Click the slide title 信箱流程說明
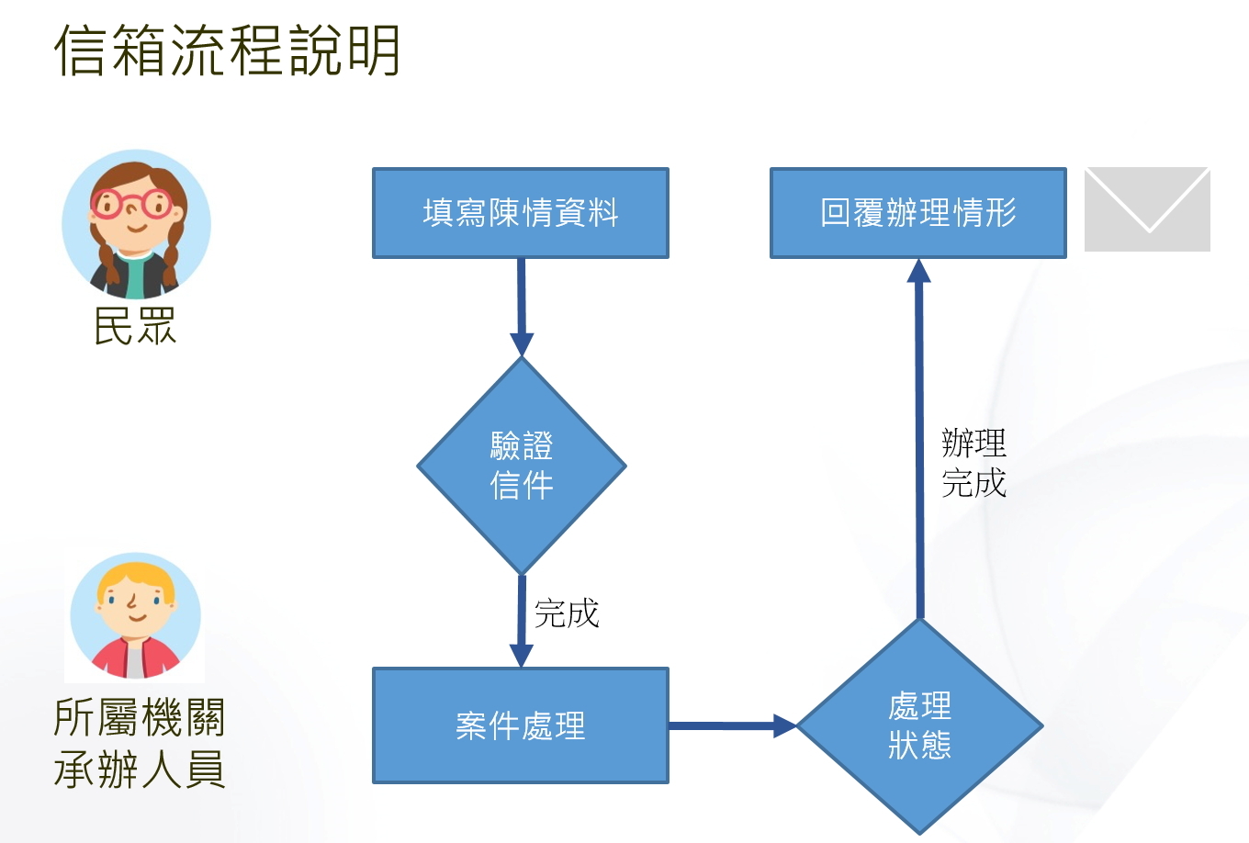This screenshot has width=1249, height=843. (227, 51)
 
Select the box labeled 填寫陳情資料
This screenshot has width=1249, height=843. (520, 213)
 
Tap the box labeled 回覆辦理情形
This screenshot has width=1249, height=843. (917, 213)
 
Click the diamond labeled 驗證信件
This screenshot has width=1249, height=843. (521, 466)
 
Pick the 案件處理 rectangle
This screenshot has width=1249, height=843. (520, 725)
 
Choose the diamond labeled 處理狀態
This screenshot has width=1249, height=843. (919, 725)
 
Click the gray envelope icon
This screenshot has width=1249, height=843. (1146, 208)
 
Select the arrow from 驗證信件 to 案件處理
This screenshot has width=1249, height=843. (521, 621)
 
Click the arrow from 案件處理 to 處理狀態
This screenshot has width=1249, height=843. (731, 726)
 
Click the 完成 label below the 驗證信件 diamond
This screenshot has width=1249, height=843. (567, 613)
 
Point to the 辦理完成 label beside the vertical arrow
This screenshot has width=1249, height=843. (973, 463)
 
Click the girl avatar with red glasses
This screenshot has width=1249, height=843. (136, 225)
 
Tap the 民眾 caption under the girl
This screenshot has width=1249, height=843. (135, 326)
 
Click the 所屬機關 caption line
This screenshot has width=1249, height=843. (140, 717)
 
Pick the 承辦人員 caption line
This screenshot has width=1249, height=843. (140, 770)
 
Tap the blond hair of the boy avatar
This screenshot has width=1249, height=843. (136, 578)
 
